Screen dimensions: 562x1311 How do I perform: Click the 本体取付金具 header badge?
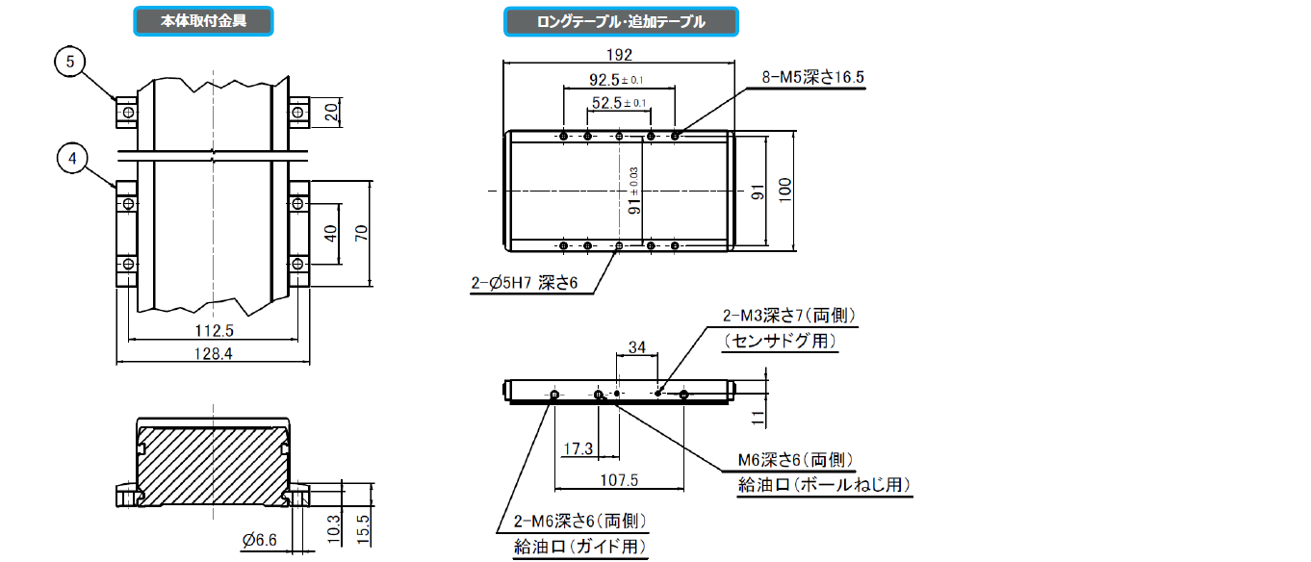[x=203, y=20]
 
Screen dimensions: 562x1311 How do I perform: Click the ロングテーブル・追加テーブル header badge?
[x=620, y=21]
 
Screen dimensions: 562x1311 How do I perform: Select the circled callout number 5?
[x=70, y=62]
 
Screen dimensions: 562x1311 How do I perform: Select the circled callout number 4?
[x=72, y=158]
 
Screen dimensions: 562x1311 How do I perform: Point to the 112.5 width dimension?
[x=214, y=330]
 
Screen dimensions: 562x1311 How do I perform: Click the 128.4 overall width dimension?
[x=214, y=354]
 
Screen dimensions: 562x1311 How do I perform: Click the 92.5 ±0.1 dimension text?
[x=616, y=80]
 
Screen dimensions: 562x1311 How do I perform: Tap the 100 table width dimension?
[x=785, y=191]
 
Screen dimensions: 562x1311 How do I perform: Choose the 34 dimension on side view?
[x=636, y=346]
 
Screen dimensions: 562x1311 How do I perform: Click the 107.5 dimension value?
[x=619, y=479]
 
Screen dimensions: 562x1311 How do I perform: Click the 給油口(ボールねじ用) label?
[x=823, y=484]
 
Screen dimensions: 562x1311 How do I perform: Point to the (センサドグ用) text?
[x=780, y=341]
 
